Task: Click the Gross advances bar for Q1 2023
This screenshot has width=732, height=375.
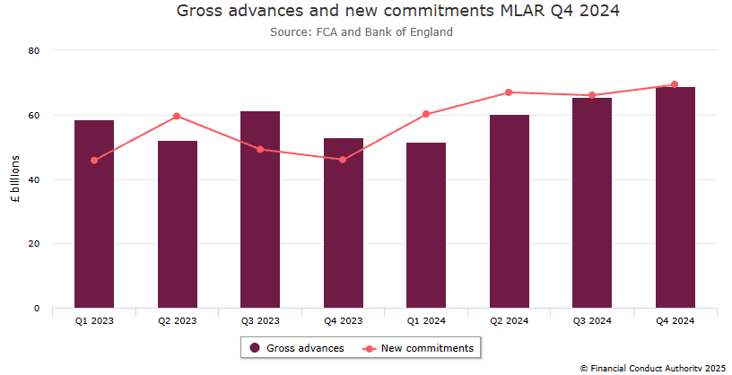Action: point(94,215)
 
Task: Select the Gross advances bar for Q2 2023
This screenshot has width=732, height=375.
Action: point(178,224)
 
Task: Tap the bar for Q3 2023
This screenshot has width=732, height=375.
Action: point(260,211)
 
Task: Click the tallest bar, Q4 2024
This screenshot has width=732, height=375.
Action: point(675,197)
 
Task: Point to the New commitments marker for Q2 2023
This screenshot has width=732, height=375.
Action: point(178,116)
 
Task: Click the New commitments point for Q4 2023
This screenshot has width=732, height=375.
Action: point(343,160)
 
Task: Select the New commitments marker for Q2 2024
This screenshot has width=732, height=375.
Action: point(509,92)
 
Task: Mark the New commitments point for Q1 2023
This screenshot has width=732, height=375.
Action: point(94,161)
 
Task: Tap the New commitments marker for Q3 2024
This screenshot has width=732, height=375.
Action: point(592,95)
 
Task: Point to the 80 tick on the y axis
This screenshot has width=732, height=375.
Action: point(35,51)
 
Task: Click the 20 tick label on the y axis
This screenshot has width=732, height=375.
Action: point(35,244)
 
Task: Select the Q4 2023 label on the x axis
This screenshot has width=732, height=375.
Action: point(343,320)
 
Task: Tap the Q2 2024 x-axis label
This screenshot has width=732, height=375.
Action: point(509,320)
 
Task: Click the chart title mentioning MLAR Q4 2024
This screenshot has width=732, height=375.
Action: point(398,12)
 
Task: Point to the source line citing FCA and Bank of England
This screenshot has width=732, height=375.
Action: point(362,31)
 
